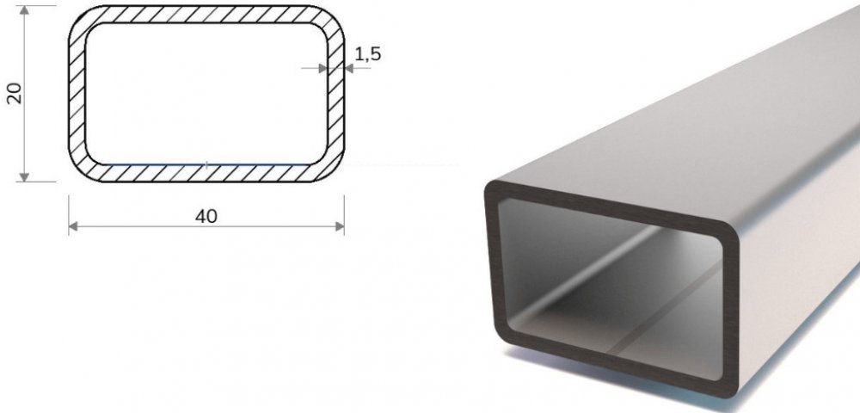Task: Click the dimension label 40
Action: click(206, 216)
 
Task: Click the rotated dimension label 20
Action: click(15, 93)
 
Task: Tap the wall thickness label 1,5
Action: click(367, 53)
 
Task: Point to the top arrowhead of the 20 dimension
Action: click(24, 10)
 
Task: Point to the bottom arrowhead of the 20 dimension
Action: click(24, 176)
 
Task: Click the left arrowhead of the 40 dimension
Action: click(73, 226)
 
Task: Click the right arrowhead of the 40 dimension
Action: click(339, 226)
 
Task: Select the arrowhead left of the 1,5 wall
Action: click(322, 69)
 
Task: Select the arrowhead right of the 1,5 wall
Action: click(349, 69)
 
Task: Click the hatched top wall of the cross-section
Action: click(206, 15)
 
